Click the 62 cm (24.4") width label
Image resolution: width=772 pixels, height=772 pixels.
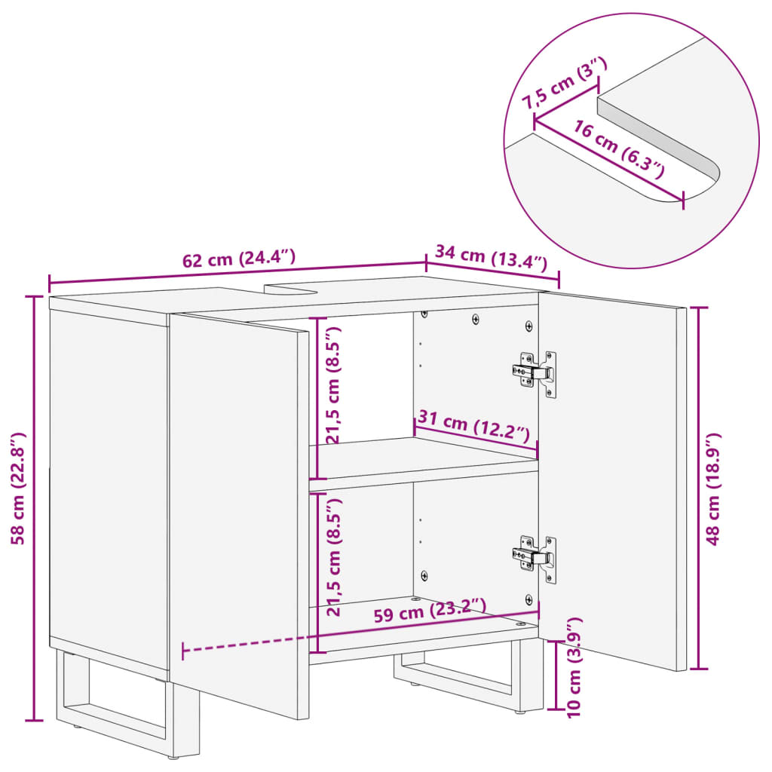(x=238, y=259)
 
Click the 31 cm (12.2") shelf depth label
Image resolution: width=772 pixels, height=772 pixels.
(x=472, y=427)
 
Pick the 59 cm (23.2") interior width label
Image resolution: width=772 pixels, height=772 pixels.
(x=430, y=611)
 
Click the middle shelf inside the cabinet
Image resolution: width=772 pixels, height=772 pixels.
(x=422, y=459)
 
